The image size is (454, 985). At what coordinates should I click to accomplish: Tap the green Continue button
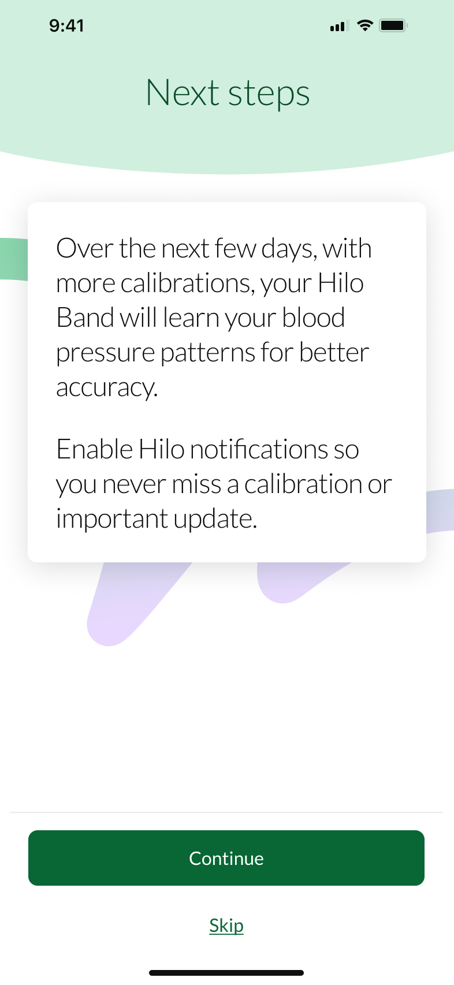(x=226, y=857)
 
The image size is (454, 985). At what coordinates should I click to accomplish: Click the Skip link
(x=226, y=926)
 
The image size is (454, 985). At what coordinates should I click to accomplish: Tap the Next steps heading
(x=228, y=93)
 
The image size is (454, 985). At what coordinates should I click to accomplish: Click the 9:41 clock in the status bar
(x=66, y=25)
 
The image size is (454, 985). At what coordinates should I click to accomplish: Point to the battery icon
(x=394, y=25)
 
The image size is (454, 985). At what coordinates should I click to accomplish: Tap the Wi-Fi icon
(x=364, y=25)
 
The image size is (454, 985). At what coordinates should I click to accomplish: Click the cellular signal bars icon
(x=339, y=26)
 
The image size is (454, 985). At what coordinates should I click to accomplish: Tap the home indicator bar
(x=226, y=973)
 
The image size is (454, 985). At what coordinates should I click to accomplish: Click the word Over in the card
(x=85, y=248)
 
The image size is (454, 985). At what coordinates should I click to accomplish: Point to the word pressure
(x=105, y=354)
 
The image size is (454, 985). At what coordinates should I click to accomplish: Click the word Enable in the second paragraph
(x=95, y=449)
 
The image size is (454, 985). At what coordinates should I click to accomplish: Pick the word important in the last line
(x=111, y=519)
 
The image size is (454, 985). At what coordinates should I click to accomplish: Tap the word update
(x=215, y=519)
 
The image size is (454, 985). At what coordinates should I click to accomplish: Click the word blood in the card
(x=313, y=318)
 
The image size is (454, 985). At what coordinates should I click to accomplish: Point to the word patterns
(x=207, y=354)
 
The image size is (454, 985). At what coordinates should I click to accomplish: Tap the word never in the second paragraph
(x=134, y=484)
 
